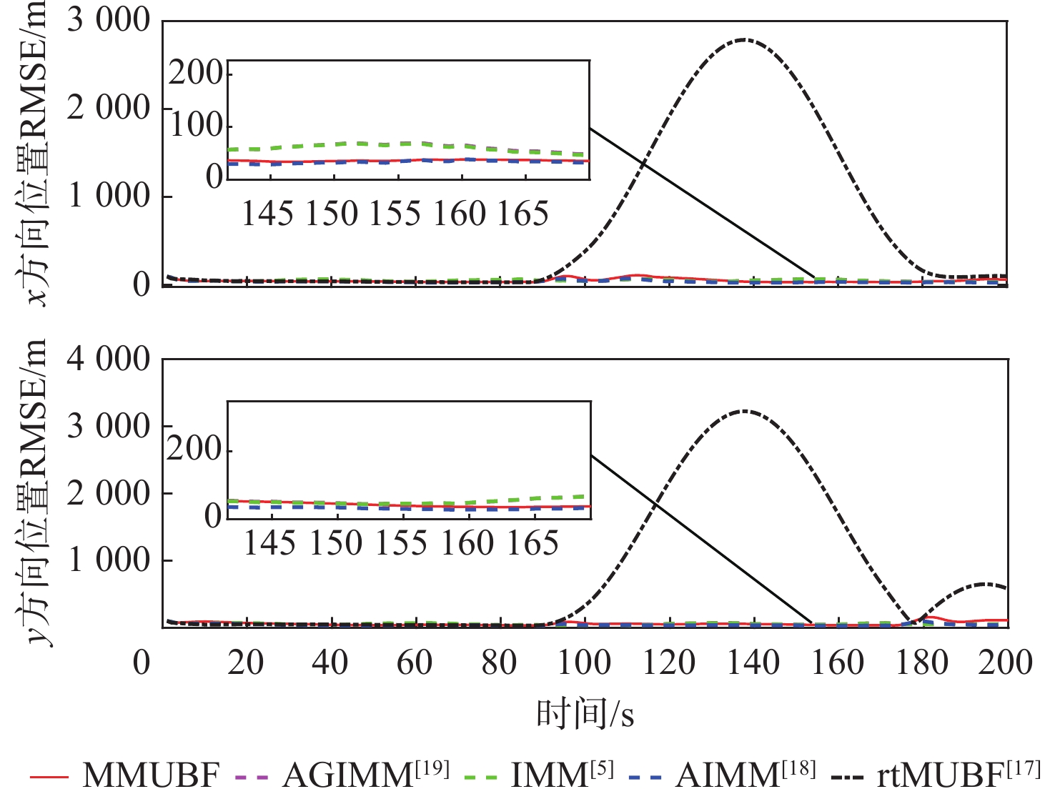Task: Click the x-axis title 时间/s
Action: pos(585,714)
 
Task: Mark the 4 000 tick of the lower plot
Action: pos(109,359)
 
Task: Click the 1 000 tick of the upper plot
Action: pos(109,196)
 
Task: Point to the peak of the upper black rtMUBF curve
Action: pos(744,39)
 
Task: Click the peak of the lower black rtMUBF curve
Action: pos(744,411)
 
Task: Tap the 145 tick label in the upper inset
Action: pos(267,214)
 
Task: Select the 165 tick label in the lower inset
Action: pos(532,543)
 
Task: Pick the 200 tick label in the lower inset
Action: pos(194,450)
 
